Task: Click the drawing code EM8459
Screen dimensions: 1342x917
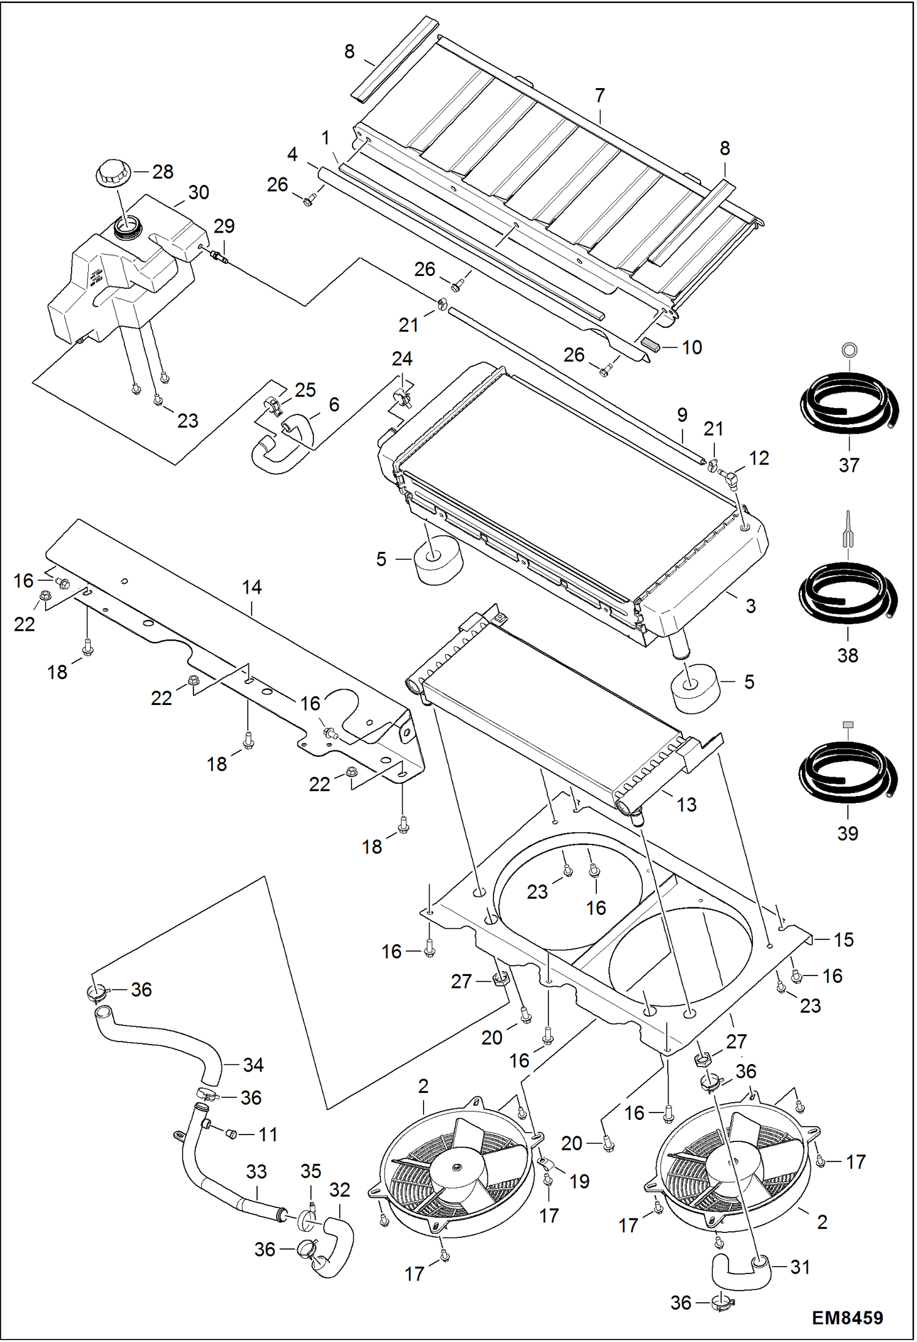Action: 847,1318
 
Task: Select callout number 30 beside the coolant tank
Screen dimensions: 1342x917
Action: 198,193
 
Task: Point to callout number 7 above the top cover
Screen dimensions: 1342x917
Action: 600,95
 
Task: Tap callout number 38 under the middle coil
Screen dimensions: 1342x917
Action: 848,655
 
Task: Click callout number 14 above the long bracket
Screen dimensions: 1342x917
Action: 252,587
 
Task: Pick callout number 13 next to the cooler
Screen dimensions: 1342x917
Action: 686,805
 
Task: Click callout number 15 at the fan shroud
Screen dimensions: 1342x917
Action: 844,939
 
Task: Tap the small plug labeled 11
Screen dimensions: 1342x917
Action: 231,1135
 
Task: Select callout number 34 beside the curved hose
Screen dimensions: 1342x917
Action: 253,1065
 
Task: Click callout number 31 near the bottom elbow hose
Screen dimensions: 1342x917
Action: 800,1267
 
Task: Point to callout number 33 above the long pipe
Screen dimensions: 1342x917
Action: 256,1171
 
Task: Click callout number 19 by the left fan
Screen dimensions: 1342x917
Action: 579,1181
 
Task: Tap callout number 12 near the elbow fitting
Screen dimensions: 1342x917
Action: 758,458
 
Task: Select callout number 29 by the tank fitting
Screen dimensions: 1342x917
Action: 224,226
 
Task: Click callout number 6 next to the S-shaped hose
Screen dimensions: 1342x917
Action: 334,404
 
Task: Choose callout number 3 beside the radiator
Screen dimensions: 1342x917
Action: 750,606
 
